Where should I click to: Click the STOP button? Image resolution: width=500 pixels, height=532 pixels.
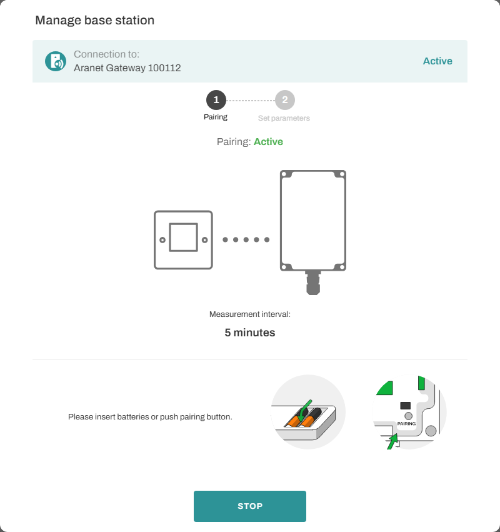(249, 506)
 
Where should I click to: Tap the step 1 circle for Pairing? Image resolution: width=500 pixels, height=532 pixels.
(216, 100)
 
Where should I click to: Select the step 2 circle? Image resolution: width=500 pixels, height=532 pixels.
(285, 100)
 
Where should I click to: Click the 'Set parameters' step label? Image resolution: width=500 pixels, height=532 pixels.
(284, 118)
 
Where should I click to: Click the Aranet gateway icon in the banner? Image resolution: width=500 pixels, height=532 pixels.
(56, 61)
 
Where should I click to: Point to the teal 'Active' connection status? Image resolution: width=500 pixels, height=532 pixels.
(437, 61)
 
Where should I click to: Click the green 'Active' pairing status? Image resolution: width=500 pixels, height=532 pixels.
(268, 141)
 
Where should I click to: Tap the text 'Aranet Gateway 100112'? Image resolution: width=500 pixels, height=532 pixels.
(127, 68)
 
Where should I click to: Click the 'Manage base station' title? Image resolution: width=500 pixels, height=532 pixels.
(94, 21)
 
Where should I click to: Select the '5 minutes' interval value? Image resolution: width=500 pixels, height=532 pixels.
(250, 333)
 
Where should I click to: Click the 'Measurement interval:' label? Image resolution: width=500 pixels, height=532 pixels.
(250, 314)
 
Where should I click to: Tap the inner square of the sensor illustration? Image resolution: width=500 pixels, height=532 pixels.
(184, 237)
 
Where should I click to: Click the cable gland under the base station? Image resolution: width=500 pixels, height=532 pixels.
(313, 283)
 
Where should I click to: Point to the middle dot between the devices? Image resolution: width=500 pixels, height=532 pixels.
(246, 239)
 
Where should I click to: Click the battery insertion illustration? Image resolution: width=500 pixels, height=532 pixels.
(308, 412)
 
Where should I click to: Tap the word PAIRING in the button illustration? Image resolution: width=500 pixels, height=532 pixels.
(406, 423)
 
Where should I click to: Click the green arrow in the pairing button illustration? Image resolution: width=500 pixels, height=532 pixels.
(392, 442)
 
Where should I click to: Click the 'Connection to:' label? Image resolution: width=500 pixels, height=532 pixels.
(106, 54)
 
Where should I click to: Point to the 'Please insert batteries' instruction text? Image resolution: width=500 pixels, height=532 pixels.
(150, 416)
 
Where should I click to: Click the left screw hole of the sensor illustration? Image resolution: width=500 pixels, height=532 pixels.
(162, 240)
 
